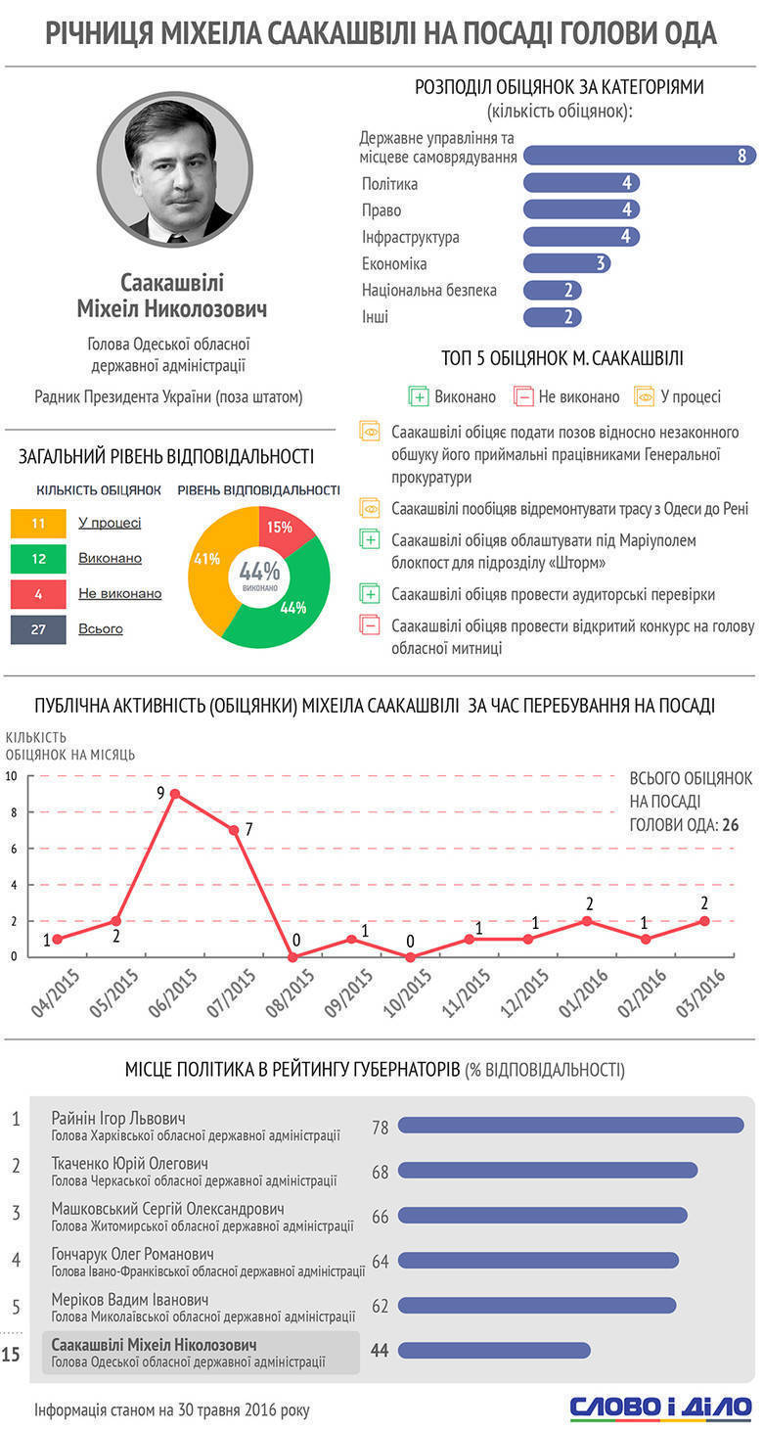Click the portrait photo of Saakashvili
pyautogui.click(x=175, y=169)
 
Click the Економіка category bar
pyautogui.click(x=566, y=263)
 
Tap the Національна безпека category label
pyautogui.click(x=428, y=290)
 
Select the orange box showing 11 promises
pyautogui.click(x=38, y=523)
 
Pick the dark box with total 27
pyautogui.click(x=38, y=628)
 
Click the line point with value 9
pyautogui.click(x=174, y=794)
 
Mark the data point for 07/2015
pyautogui.click(x=234, y=830)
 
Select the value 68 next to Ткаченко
pyautogui.click(x=381, y=1172)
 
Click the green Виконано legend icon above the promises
pyautogui.click(x=419, y=396)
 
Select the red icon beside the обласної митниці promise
pyautogui.click(x=371, y=624)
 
